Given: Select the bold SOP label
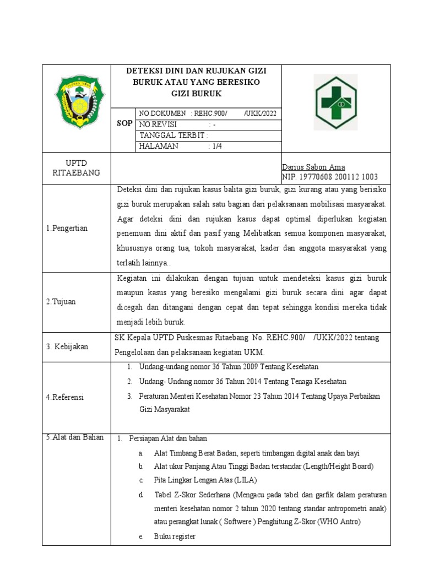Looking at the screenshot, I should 124,123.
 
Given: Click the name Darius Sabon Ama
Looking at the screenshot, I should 313,167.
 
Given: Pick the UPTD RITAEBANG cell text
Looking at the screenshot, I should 76,167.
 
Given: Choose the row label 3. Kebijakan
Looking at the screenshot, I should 68,346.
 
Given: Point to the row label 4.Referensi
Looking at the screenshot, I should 65,397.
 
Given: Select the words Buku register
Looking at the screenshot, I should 175,536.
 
